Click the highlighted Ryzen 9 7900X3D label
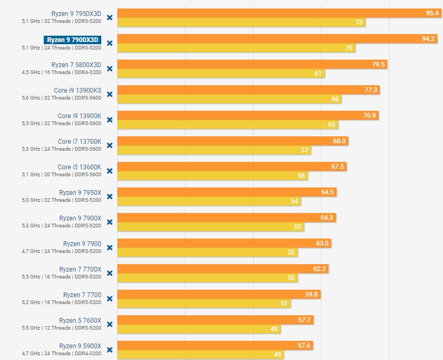pos(73,39)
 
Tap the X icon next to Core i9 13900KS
pos(110,94)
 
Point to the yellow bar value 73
pos(359,22)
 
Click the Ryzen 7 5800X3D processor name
pos(76,65)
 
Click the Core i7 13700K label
pos(79,142)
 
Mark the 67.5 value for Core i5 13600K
pos(337,167)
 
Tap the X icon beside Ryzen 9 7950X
pos(110,197)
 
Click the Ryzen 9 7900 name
pos(82,244)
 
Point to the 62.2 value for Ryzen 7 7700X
pos(319,269)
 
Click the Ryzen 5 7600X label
pos(80,321)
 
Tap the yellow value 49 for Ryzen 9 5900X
pos(277,355)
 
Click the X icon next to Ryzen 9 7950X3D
pos(110,18)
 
